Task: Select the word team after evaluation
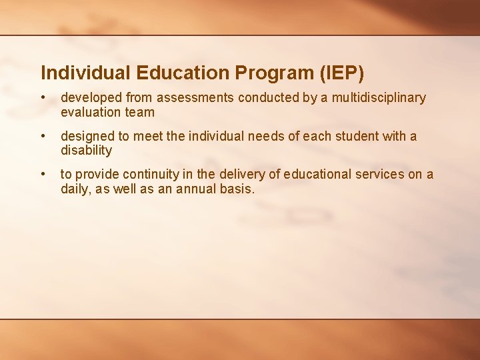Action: (x=139, y=113)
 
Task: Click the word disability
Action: (x=86, y=151)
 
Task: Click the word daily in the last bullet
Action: (x=75, y=189)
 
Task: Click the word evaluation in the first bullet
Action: (x=91, y=113)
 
